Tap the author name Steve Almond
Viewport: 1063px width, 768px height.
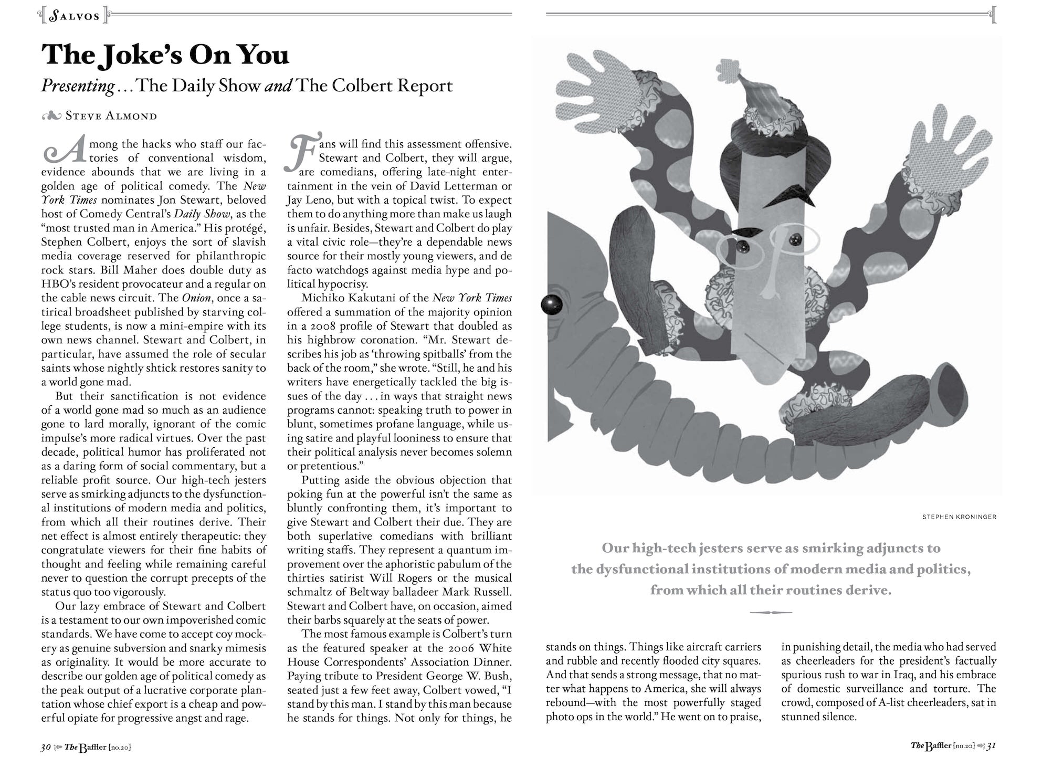pyautogui.click(x=111, y=115)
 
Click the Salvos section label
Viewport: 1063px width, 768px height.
pyautogui.click(x=74, y=16)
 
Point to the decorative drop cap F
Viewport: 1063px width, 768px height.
pyautogui.click(x=302, y=152)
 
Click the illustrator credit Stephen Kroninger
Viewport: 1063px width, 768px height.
pyautogui.click(x=959, y=517)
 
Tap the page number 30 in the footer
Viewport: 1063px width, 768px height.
pyautogui.click(x=46, y=747)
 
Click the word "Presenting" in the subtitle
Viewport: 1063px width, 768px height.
pyautogui.click(x=78, y=86)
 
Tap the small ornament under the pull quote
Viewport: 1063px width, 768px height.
pyautogui.click(x=771, y=612)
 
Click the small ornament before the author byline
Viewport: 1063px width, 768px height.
pyautogui.click(x=51, y=116)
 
